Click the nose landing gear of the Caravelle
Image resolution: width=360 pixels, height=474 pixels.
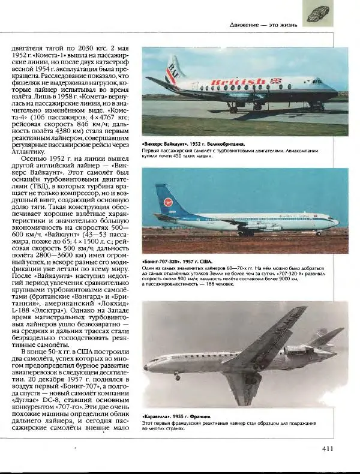[177, 376]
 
